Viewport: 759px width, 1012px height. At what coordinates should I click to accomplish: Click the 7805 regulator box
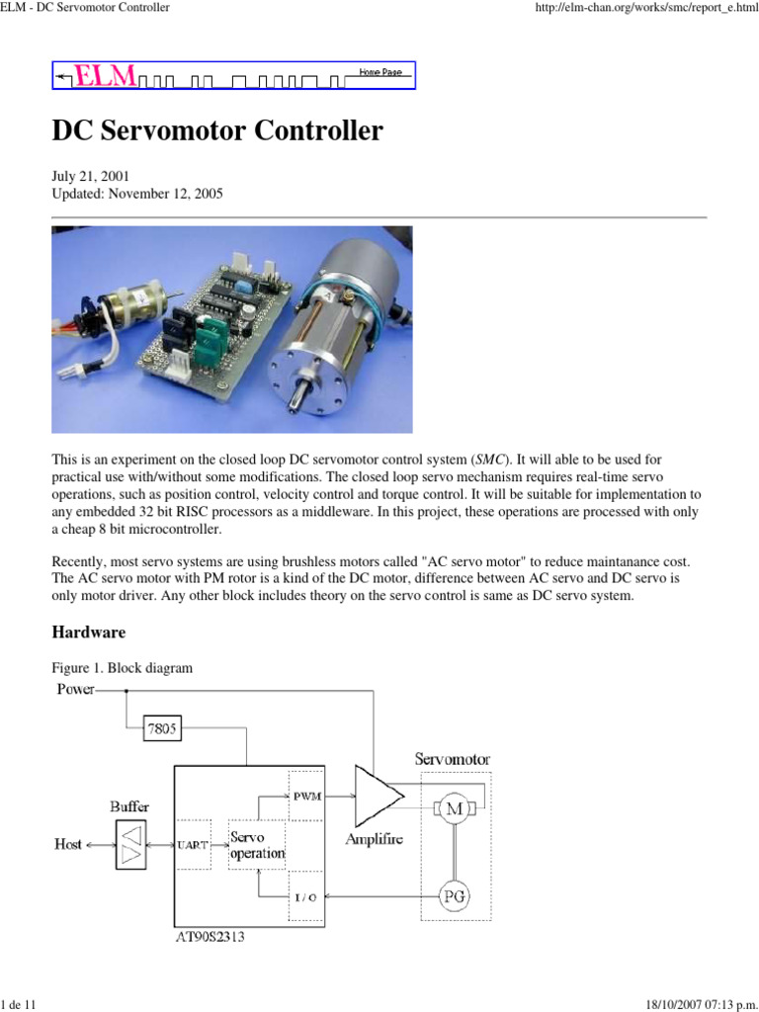(x=163, y=729)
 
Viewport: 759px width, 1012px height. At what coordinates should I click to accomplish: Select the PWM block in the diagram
(x=306, y=798)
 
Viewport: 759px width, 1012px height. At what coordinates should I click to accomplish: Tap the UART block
(x=192, y=845)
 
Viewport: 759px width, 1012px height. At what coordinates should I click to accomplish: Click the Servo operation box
(x=257, y=845)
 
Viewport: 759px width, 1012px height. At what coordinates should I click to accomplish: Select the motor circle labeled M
(x=456, y=809)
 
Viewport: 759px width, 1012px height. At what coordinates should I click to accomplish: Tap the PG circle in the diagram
(x=455, y=896)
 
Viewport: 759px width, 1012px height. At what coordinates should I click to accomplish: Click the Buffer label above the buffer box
(x=129, y=806)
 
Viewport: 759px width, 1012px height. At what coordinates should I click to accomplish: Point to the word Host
(x=68, y=844)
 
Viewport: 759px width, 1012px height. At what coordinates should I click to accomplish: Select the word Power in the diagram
(x=74, y=689)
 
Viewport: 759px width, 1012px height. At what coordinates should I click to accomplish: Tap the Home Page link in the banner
(x=379, y=73)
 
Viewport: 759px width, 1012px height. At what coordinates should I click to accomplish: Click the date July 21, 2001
(x=90, y=176)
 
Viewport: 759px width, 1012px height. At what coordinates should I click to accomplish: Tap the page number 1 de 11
(x=19, y=1004)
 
